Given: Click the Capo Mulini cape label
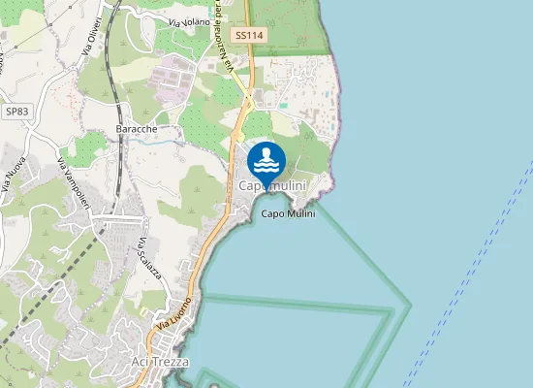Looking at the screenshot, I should point(289,214).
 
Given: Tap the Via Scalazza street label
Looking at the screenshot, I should point(146,256).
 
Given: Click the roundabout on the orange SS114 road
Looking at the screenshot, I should point(248,101).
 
